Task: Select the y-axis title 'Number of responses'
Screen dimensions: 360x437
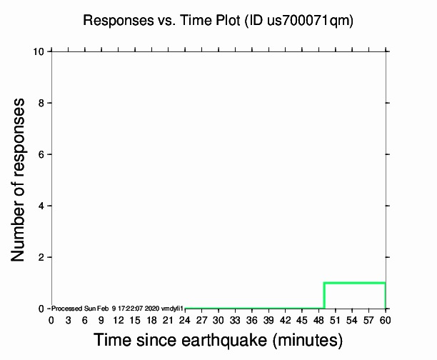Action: [x=21, y=179]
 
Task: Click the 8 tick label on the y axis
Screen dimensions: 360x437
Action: [x=42, y=103]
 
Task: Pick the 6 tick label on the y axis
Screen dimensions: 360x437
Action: [x=42, y=154]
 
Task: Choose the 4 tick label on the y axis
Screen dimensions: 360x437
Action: [x=42, y=206]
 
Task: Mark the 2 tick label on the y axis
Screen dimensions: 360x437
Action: [x=42, y=257]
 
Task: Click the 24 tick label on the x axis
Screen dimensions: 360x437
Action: [x=185, y=320]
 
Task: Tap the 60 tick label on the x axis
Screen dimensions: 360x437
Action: [x=386, y=320]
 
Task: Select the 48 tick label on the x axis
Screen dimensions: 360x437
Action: [x=318, y=320]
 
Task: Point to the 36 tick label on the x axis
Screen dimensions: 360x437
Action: [x=252, y=320]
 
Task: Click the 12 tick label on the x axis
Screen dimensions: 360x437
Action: [x=118, y=320]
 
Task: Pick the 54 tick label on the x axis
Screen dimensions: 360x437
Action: [x=352, y=320]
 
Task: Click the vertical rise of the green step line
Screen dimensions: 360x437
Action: [x=324, y=296]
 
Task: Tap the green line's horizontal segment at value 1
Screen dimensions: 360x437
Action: [x=355, y=283]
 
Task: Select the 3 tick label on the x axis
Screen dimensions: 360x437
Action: [x=68, y=320]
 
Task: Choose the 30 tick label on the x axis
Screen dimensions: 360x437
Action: [x=218, y=320]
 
